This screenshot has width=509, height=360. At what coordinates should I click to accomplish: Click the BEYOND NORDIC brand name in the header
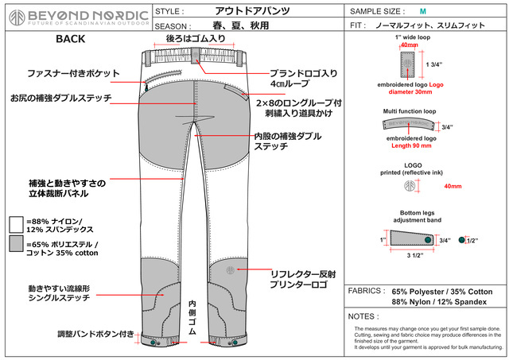click(x=88, y=15)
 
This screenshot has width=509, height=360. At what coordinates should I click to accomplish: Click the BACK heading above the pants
click(x=71, y=38)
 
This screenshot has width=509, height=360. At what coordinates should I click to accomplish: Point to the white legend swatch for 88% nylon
click(x=15, y=223)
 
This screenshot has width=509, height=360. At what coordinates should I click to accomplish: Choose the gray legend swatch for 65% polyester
click(x=15, y=243)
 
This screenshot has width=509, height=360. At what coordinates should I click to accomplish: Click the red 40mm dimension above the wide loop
click(x=409, y=45)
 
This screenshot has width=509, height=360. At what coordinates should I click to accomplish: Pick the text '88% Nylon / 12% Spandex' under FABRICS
click(x=441, y=303)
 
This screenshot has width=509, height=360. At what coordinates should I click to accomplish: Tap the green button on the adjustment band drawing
click(x=428, y=240)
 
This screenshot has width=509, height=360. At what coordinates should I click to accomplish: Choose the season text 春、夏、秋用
click(x=236, y=25)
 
